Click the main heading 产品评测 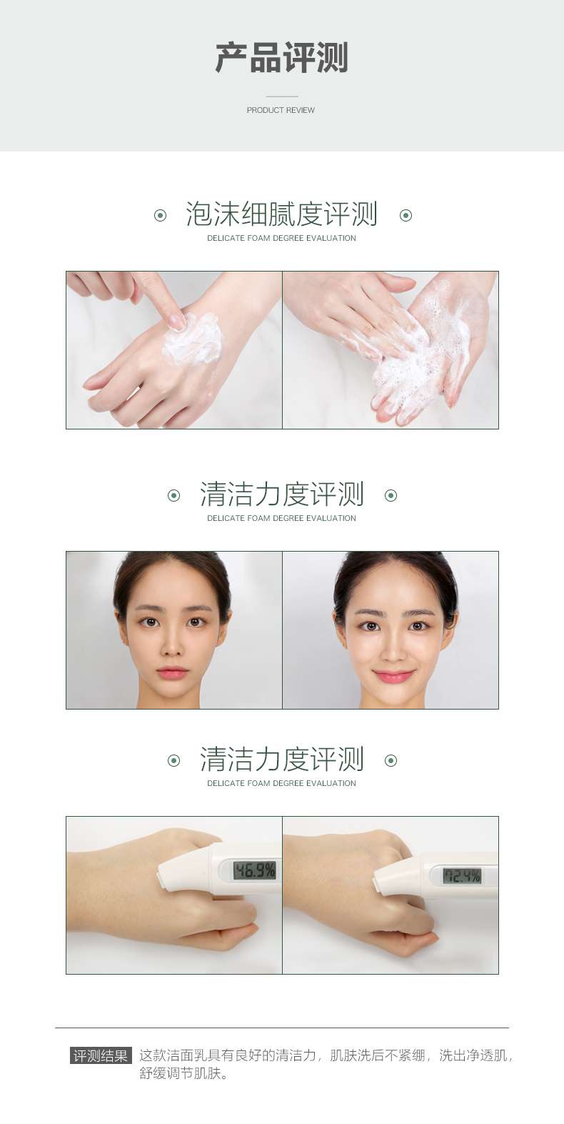(x=282, y=58)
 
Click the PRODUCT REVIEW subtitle (x=281, y=110)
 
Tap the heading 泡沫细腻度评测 (x=282, y=214)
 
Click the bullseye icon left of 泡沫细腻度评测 (x=160, y=216)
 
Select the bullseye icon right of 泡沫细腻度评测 (x=406, y=216)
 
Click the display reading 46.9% (x=255, y=870)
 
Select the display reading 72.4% (x=462, y=876)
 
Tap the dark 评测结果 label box (x=101, y=1055)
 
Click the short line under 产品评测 (x=282, y=96)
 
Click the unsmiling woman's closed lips (x=172, y=672)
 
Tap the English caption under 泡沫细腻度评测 (x=282, y=238)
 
